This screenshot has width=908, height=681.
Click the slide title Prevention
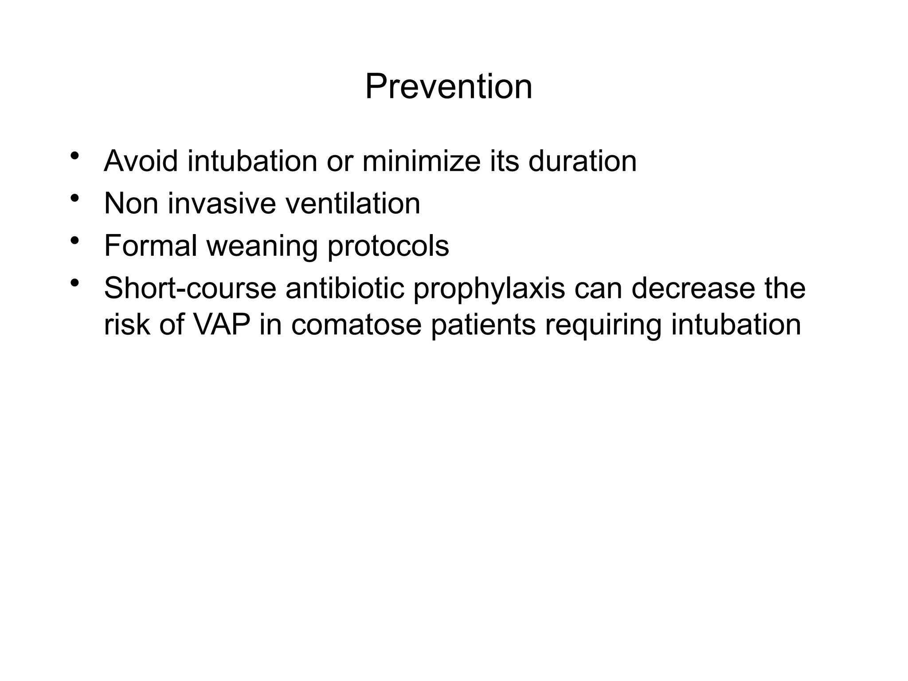tap(449, 87)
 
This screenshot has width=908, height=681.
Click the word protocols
tap(388, 247)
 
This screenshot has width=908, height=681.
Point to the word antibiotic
tap(345, 288)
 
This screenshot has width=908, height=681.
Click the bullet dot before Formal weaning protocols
tap(74, 241)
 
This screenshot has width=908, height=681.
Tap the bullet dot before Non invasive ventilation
tap(74, 198)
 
